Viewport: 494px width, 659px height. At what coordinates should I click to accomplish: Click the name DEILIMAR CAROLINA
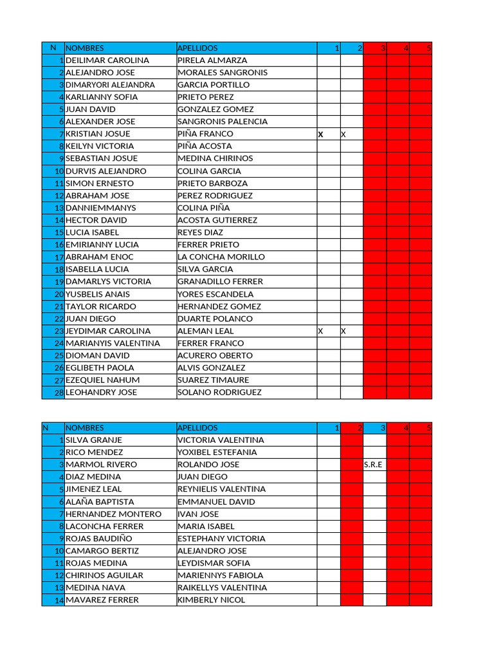[107, 60]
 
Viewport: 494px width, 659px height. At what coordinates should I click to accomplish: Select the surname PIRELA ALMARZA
[212, 60]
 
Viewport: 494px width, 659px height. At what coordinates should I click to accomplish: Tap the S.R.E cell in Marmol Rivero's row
[374, 465]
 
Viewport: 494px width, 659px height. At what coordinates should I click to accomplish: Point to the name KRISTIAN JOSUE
[98, 134]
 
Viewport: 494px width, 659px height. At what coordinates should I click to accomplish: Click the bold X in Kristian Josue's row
[320, 135]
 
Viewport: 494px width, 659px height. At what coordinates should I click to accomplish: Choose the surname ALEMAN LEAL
[206, 331]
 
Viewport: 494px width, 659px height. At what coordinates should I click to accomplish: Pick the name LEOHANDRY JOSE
[101, 393]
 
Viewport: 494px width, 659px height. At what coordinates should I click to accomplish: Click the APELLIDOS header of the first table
[198, 48]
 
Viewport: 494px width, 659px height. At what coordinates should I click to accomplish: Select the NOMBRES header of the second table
[85, 428]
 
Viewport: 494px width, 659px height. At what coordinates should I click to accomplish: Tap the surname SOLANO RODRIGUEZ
[219, 393]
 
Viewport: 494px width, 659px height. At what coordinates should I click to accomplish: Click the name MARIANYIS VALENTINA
[113, 344]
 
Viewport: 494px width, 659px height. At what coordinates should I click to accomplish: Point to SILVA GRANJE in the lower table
[94, 440]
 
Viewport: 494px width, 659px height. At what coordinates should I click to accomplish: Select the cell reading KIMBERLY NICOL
[212, 600]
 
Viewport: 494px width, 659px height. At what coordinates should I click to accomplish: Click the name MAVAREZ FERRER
[102, 600]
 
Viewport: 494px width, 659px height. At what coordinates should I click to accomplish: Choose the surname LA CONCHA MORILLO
[221, 257]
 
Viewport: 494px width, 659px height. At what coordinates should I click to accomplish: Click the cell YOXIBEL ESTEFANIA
[217, 452]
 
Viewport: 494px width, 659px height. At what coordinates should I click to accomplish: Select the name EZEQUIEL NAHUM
[103, 380]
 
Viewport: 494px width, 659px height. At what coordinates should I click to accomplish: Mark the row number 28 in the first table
[59, 393]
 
